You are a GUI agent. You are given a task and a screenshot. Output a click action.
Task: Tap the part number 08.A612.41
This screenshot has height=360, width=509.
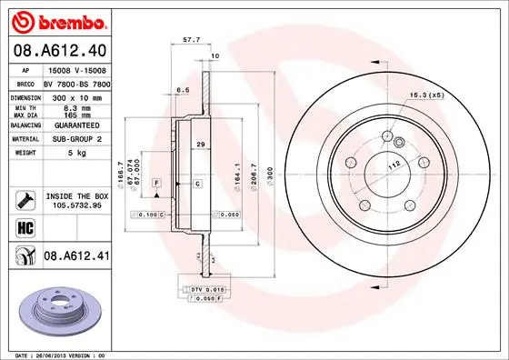pyautogui.click(x=78, y=258)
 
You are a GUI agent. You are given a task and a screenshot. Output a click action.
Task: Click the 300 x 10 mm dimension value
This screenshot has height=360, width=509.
pyautogui.click(x=75, y=95)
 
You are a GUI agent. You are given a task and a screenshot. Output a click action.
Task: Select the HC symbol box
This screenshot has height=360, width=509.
pyautogui.click(x=22, y=227)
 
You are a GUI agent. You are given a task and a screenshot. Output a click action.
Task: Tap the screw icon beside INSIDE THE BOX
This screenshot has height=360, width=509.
pyautogui.click(x=22, y=197)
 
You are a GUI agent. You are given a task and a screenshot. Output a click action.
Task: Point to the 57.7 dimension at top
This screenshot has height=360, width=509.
pyautogui.click(x=191, y=41)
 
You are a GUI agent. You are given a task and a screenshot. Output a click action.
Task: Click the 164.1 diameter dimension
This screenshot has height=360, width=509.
pyautogui.click(x=236, y=169)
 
